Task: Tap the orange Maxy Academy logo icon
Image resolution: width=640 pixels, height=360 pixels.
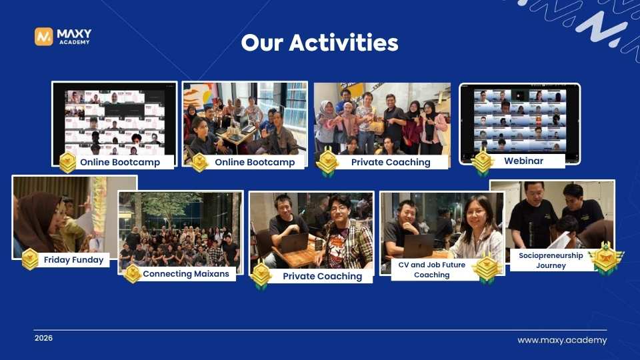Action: tap(44, 37)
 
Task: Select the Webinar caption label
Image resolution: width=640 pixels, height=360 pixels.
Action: tap(523, 161)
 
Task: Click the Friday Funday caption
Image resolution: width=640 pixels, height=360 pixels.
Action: tap(74, 260)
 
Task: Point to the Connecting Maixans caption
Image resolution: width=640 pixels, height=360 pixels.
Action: tap(185, 273)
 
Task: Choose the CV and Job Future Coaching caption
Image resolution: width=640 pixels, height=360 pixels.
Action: tap(431, 269)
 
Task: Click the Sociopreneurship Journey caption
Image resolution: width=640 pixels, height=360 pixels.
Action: tap(551, 260)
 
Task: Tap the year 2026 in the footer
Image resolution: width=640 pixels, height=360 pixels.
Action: tap(43, 338)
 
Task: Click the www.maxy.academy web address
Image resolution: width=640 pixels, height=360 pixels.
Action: tap(562, 340)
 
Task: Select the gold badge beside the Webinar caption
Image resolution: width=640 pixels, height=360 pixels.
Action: tap(482, 163)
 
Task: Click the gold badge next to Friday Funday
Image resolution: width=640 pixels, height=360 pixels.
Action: tap(30, 259)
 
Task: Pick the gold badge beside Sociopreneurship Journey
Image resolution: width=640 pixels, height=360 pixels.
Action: tap(605, 259)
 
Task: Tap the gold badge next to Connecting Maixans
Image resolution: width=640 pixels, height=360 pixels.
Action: tap(132, 273)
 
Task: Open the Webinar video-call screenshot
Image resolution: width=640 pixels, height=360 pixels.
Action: tap(519, 119)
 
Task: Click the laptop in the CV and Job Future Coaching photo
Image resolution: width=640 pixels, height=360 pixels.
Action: tap(418, 246)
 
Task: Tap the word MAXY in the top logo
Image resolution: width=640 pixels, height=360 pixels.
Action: tap(74, 33)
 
